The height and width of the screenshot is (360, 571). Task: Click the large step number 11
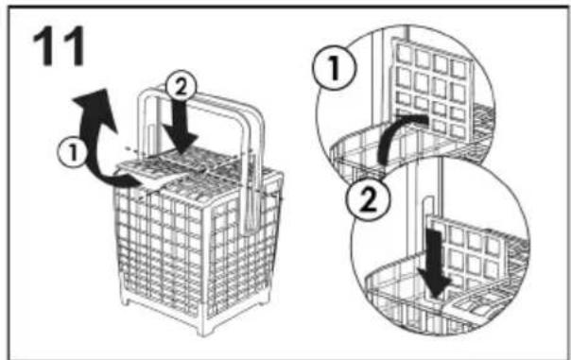pyautogui.click(x=59, y=47)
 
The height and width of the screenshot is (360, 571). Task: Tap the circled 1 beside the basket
pyautogui.click(x=72, y=152)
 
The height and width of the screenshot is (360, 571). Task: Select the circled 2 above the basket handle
pyautogui.click(x=181, y=87)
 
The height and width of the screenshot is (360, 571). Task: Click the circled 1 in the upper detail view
pyautogui.click(x=335, y=68)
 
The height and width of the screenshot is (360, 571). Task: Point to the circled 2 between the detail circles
pyautogui.click(x=367, y=199)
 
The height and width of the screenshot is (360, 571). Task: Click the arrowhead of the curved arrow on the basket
pyautogui.click(x=95, y=104)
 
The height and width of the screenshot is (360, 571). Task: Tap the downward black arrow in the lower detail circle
pyautogui.click(x=435, y=266)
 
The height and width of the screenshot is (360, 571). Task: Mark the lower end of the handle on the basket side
pyautogui.click(x=252, y=221)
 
